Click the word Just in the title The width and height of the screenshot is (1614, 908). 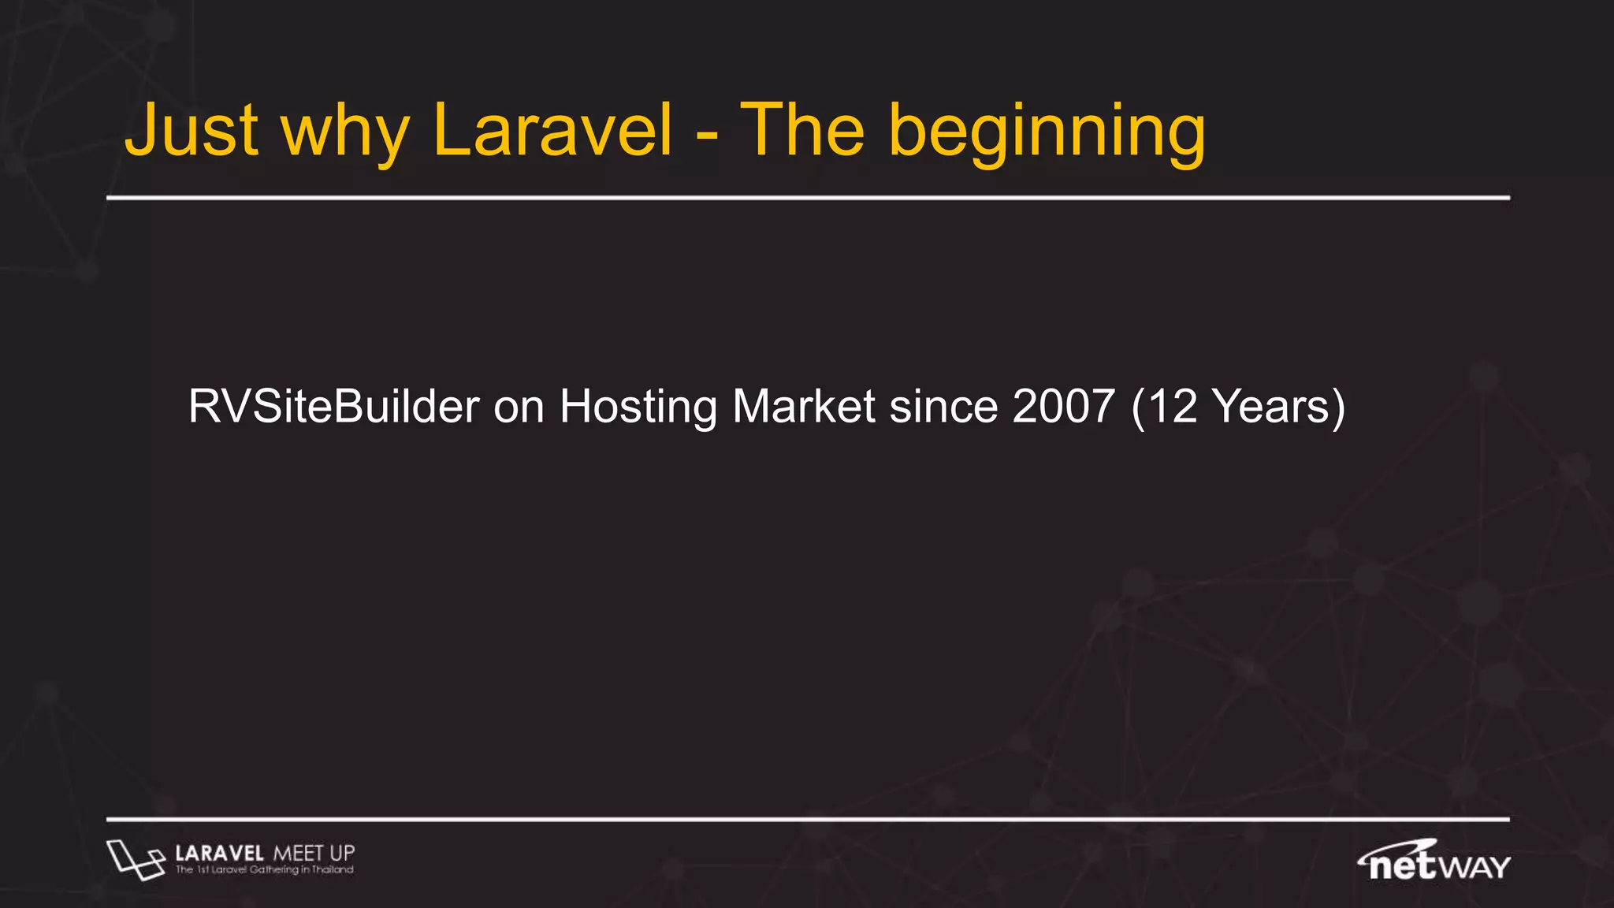(x=192, y=131)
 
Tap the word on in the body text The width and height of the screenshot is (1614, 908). (x=519, y=408)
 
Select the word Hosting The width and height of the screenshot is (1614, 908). (x=638, y=408)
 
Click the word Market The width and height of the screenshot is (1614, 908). (x=804, y=407)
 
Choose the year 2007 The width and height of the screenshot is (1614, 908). (x=1064, y=407)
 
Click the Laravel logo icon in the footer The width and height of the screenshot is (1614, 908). (x=136, y=859)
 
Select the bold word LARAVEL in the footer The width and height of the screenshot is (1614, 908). (x=220, y=854)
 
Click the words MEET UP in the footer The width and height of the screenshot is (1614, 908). (x=314, y=854)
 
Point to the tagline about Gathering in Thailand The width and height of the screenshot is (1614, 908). (x=265, y=870)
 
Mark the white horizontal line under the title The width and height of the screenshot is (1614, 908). (x=808, y=198)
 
